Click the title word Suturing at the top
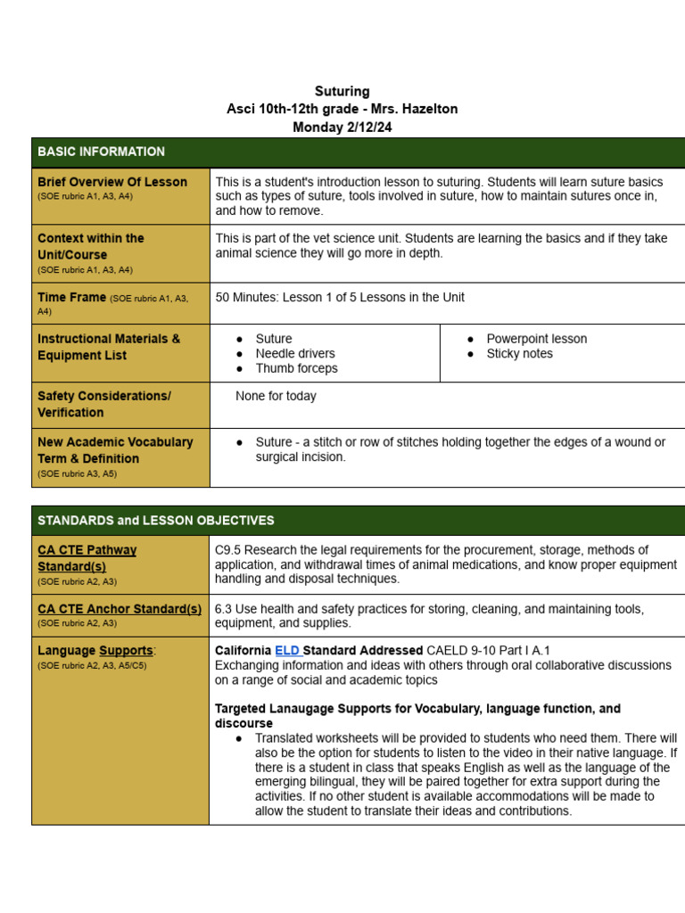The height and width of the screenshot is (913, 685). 342,91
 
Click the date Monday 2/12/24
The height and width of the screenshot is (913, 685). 342,127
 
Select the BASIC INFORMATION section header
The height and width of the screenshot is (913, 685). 101,152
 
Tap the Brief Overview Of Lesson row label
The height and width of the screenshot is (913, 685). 112,182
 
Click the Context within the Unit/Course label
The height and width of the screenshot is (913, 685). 90,246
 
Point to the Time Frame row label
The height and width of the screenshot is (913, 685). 71,297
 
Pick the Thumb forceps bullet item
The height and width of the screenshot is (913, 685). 296,368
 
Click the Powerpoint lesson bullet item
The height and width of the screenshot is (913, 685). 536,339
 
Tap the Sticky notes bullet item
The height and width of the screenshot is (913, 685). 519,354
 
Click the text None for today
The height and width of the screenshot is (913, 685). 276,396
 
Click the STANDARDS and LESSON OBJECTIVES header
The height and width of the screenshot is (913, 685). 156,520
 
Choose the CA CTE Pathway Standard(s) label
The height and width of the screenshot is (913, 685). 87,558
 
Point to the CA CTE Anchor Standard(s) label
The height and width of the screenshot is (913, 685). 120,609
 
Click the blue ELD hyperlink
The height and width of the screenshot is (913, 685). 287,651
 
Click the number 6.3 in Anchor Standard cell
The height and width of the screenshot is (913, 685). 224,609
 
